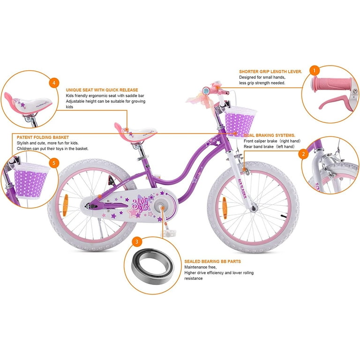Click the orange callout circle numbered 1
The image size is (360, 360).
pyautogui.click(x=315, y=70)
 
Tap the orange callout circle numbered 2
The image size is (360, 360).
pyautogui.click(x=304, y=154)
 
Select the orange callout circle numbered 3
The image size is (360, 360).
pyautogui.click(x=137, y=241)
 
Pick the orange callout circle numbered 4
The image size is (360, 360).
pyautogui.click(x=54, y=82)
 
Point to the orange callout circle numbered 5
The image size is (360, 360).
pyautogui.click(x=54, y=163)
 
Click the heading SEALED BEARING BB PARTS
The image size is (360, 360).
pyautogui.click(x=213, y=262)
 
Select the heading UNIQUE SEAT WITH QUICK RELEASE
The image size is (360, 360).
pyautogui.click(x=102, y=90)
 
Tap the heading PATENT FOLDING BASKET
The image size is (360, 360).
pyautogui.click(x=43, y=137)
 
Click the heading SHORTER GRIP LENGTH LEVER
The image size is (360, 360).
pyautogui.click(x=270, y=72)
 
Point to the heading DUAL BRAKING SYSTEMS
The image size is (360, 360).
pyautogui.click(x=270, y=135)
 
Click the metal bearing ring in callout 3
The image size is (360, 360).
pyautogui.click(x=152, y=266)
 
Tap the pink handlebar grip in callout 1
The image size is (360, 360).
pyautogui.click(x=332, y=84)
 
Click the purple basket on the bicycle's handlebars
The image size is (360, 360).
pyautogui.click(x=240, y=122)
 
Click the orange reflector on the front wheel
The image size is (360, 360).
pyautogui.click(x=225, y=208)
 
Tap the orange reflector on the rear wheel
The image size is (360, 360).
pyautogui.click(x=66, y=205)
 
